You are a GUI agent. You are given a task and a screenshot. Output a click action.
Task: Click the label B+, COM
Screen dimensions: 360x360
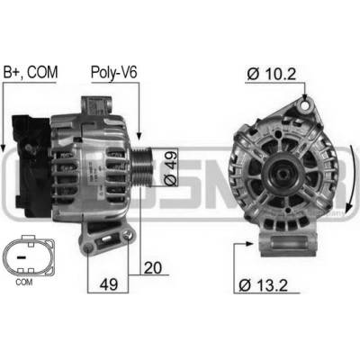[x=30, y=72]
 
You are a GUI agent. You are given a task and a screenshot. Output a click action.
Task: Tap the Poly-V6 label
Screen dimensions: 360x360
[x=114, y=73]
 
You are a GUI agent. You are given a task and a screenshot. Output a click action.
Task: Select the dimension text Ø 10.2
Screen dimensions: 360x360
[x=272, y=74]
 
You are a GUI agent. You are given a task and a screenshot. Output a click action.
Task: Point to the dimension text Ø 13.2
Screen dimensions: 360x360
[x=263, y=285]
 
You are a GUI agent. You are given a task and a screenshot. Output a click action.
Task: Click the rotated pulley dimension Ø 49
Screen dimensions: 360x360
[x=170, y=167]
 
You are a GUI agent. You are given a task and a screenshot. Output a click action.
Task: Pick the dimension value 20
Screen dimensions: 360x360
[x=152, y=268]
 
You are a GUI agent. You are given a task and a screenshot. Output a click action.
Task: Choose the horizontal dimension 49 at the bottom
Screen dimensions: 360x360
[x=109, y=283]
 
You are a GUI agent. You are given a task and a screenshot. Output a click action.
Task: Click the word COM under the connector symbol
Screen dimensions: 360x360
[x=24, y=282]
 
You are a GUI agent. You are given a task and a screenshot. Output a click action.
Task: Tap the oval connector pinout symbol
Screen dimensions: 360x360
[x=29, y=256]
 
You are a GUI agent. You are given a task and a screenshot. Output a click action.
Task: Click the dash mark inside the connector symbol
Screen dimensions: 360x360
[x=21, y=257]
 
